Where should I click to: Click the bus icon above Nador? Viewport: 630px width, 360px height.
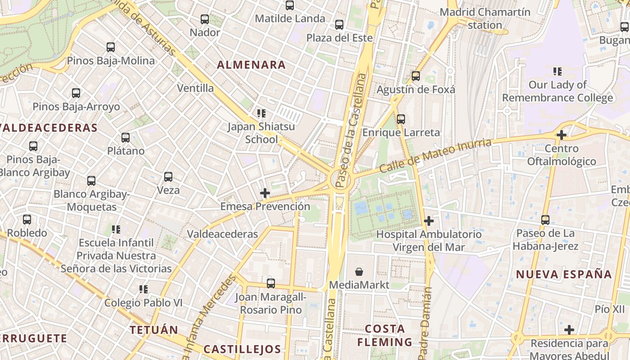click(x=205, y=19)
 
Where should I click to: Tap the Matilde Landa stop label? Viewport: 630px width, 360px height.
click(x=290, y=18)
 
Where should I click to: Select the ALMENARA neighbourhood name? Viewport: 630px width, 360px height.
click(x=251, y=65)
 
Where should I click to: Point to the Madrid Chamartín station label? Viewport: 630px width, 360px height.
click(x=485, y=18)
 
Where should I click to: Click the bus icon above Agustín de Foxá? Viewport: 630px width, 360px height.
click(x=416, y=76)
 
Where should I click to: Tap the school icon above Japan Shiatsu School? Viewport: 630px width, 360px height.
click(x=261, y=113)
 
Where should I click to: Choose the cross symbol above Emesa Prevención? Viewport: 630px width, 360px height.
click(x=265, y=193)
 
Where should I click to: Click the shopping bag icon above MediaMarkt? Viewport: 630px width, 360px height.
click(x=359, y=272)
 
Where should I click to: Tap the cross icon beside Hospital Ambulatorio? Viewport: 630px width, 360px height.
click(x=429, y=221)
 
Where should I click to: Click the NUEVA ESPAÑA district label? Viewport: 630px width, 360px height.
click(x=564, y=274)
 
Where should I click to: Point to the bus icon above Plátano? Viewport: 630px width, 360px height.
click(x=126, y=138)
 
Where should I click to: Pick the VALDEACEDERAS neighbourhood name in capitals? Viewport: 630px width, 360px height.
click(x=49, y=128)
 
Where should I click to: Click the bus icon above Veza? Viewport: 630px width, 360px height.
click(x=168, y=177)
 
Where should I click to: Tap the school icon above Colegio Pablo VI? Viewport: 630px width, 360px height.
click(x=144, y=289)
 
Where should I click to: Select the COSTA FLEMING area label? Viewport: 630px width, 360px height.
click(x=385, y=335)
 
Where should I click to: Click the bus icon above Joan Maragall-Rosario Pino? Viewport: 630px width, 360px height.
click(x=271, y=283)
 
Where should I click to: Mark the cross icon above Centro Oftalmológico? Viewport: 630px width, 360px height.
click(x=561, y=135)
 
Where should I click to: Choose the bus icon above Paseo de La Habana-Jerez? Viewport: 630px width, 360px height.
click(x=545, y=220)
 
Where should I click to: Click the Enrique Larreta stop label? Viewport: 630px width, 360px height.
click(x=401, y=133)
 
